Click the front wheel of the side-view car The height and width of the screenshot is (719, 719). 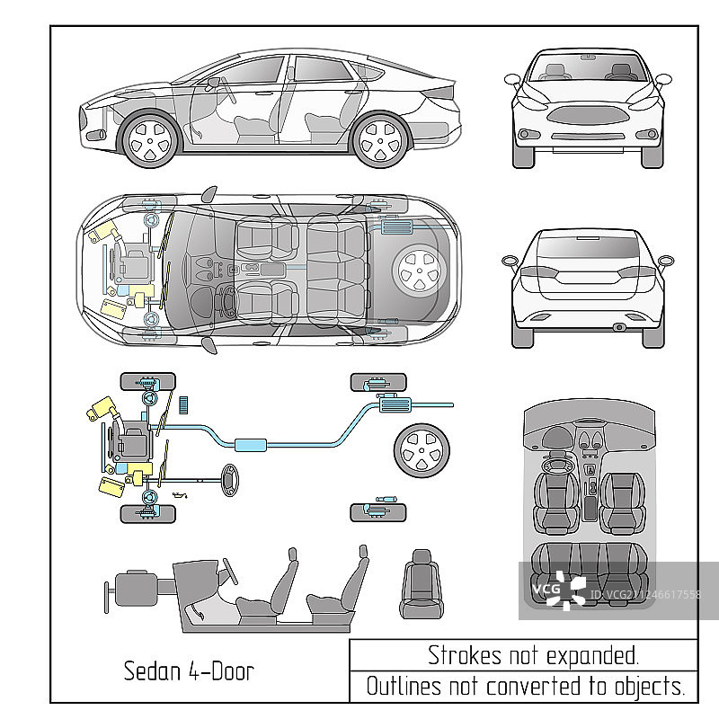tap(149, 139)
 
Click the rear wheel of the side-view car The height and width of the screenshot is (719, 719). tap(381, 140)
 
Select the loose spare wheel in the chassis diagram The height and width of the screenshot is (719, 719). tap(420, 450)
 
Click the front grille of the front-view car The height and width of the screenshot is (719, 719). tap(587, 116)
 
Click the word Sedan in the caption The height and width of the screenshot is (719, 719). tap(151, 670)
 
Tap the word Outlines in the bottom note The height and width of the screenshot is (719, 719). tap(404, 687)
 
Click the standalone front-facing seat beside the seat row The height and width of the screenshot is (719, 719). tap(421, 584)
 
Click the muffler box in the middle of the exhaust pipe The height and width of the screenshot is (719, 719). tap(253, 444)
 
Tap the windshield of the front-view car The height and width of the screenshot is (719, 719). tap(587, 68)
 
